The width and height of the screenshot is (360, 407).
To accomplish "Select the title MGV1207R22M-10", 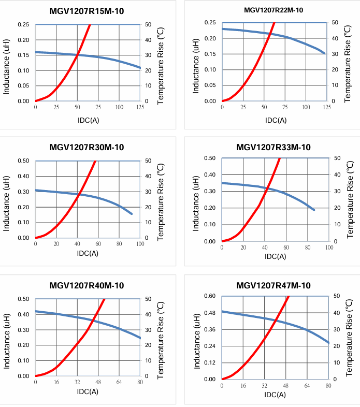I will point(273,10).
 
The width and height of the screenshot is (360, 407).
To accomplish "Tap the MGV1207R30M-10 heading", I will point(87,148).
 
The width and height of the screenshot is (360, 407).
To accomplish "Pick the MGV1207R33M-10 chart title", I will point(273,148).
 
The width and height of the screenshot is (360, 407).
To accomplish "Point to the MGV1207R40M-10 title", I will point(87,285).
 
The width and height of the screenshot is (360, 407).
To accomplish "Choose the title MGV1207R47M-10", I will point(273,285).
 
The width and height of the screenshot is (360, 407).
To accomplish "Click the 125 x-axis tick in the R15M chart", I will point(140,107).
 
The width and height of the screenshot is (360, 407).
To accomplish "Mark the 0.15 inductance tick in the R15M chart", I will point(23,55).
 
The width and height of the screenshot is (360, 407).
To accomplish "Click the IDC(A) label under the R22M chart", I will point(276,120).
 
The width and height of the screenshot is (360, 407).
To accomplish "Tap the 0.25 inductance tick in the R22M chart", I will point(210,23).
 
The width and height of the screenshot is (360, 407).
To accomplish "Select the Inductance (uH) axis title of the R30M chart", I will point(7,199).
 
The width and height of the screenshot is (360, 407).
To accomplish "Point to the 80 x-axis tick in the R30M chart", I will point(119,244).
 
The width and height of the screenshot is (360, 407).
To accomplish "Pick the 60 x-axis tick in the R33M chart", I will point(286,248).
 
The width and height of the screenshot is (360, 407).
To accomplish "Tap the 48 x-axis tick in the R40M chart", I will point(98,382).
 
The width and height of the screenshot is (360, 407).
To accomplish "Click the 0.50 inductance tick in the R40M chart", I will point(23,299).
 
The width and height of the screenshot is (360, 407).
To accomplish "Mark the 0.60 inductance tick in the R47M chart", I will point(210,296).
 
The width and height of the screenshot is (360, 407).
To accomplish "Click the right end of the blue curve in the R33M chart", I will point(314,210).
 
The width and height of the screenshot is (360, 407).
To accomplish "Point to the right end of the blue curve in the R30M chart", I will point(132,214).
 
